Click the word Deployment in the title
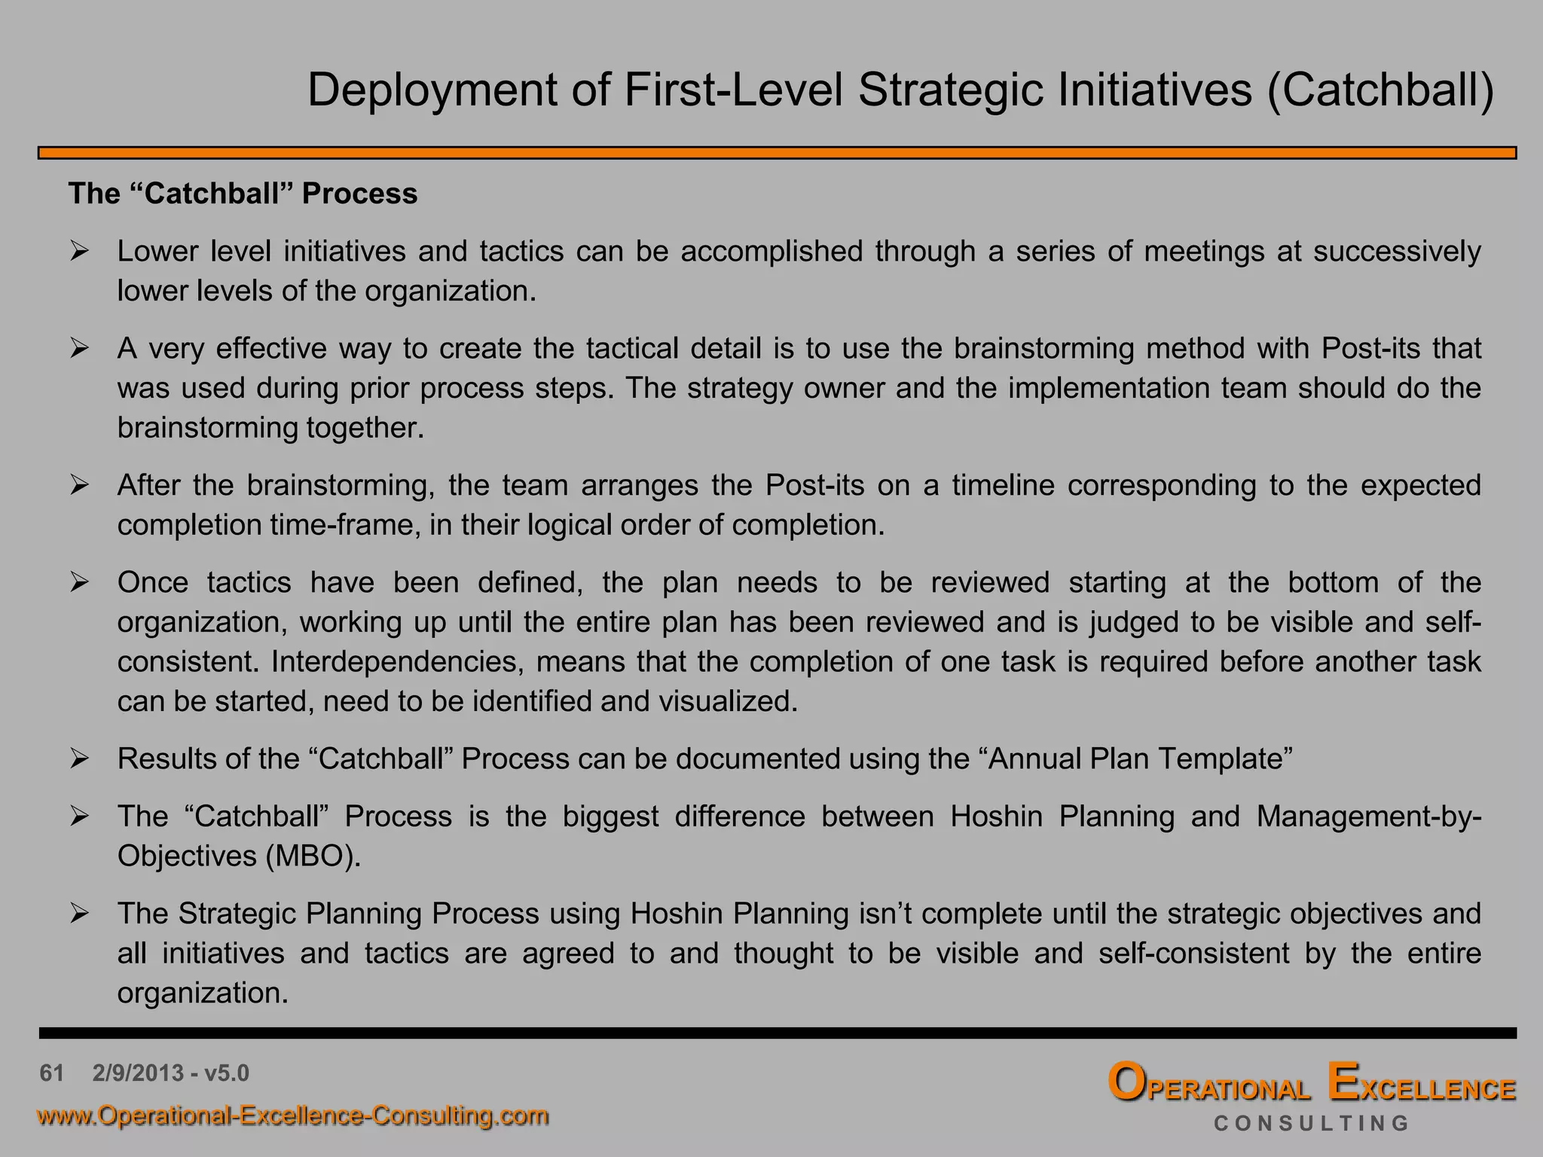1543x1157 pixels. point(431,91)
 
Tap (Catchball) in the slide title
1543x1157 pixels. point(1380,91)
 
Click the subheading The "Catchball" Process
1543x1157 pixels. point(243,194)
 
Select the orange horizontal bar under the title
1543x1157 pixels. point(777,153)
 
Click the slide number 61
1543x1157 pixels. point(51,1073)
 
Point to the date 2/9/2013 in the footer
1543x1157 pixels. point(138,1073)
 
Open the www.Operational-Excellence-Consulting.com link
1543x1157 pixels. point(293,1115)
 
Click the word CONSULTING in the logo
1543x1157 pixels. point(1311,1124)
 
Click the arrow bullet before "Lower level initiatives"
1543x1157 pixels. point(80,252)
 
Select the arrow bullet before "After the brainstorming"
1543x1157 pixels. point(80,485)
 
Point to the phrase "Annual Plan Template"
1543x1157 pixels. point(1139,759)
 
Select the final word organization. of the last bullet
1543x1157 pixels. point(203,993)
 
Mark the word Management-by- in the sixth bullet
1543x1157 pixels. point(1368,817)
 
